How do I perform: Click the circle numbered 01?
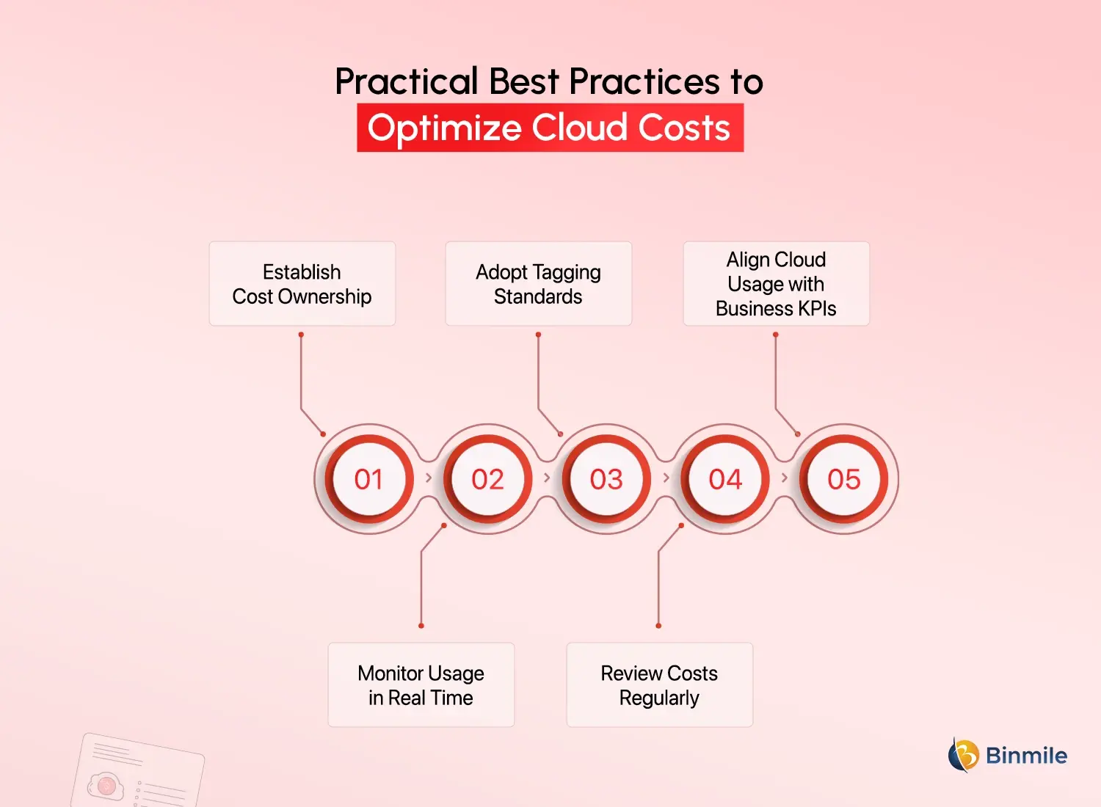tap(368, 479)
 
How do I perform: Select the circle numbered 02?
tap(487, 479)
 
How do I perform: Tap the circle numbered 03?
tap(606, 479)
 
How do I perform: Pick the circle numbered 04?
tap(725, 479)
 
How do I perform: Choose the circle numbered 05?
tap(844, 479)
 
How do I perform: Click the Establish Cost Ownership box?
tap(302, 284)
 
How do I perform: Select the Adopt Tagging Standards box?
tap(538, 284)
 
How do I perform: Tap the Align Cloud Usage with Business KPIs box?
tap(776, 284)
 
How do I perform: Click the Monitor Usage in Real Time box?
tap(421, 685)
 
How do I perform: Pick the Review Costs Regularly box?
tap(659, 685)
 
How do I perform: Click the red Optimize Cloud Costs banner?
tap(550, 128)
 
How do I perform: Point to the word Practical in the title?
tap(407, 81)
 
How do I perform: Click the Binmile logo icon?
tap(964, 755)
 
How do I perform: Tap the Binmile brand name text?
tap(1026, 756)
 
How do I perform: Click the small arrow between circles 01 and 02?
tap(429, 478)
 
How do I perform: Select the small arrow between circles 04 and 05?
tap(785, 478)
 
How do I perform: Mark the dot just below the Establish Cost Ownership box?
tap(301, 335)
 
